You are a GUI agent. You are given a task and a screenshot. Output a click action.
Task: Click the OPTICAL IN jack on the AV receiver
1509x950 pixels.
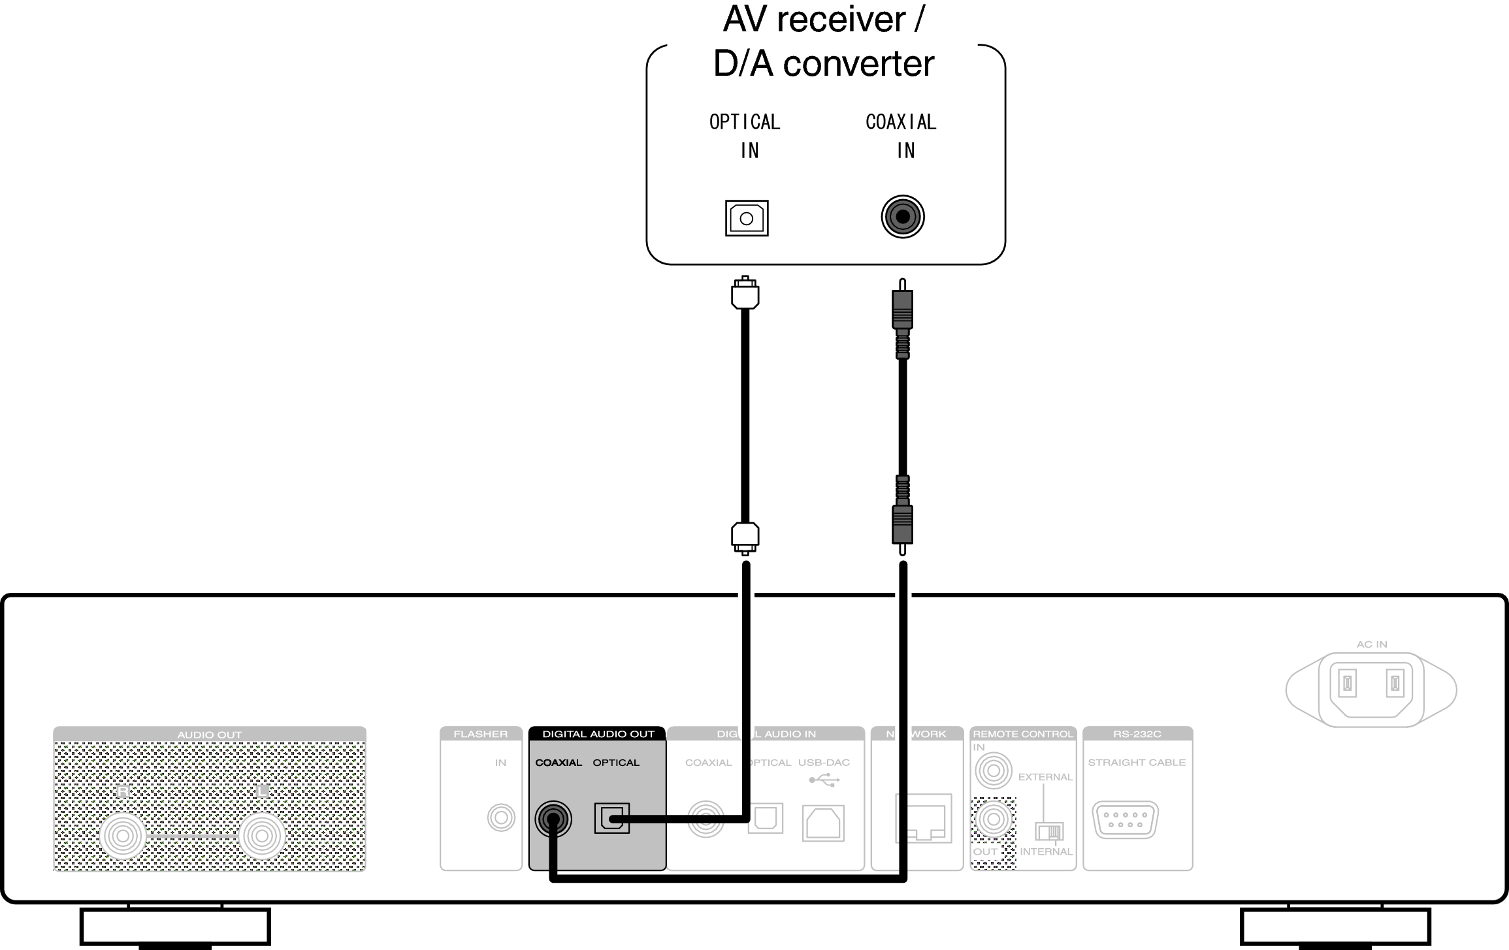click(x=747, y=218)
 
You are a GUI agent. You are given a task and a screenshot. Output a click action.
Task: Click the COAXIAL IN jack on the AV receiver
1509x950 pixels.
click(x=903, y=217)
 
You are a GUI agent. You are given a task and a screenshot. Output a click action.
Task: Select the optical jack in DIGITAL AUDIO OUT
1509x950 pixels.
click(x=611, y=818)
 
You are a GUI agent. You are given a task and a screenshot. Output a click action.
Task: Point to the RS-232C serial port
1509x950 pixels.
click(x=1125, y=820)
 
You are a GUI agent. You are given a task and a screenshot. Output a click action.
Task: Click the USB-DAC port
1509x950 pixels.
click(x=823, y=823)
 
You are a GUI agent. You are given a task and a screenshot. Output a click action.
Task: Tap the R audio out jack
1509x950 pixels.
click(x=123, y=836)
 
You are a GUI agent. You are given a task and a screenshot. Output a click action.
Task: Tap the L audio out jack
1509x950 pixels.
click(x=262, y=836)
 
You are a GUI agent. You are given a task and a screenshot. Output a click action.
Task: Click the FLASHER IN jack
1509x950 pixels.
click(x=501, y=817)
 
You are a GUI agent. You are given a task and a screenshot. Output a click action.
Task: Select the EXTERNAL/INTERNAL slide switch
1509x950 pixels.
click(x=1049, y=832)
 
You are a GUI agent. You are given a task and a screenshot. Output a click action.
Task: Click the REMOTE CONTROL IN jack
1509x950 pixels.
click(x=994, y=771)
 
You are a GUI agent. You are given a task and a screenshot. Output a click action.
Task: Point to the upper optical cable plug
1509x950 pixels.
click(x=745, y=293)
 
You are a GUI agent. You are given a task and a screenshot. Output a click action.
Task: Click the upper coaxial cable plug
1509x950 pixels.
click(x=902, y=309)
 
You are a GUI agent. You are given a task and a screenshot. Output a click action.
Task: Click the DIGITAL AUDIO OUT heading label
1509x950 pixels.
click(x=598, y=734)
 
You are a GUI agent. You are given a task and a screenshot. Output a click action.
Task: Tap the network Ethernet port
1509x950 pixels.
click(x=923, y=819)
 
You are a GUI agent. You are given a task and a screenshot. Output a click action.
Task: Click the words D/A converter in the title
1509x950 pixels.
click(x=823, y=64)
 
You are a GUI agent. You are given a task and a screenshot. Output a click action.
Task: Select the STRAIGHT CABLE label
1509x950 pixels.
click(x=1137, y=763)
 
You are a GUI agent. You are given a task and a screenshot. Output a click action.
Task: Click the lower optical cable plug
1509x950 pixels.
click(x=745, y=537)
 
